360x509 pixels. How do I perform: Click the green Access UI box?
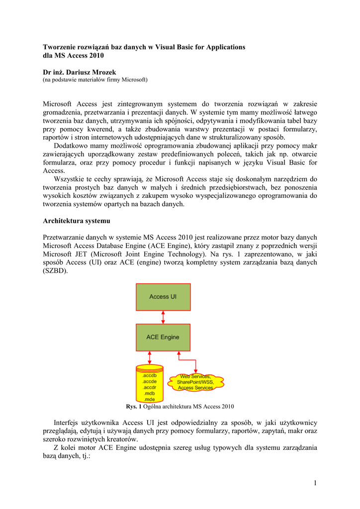click(x=163, y=297)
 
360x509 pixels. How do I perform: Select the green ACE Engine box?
click(x=163, y=337)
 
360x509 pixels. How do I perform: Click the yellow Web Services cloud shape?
click(x=196, y=382)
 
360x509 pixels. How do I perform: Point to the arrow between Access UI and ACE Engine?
click(x=163, y=317)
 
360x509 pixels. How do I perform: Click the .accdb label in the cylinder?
click(x=149, y=376)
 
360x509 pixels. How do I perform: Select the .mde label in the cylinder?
click(x=149, y=399)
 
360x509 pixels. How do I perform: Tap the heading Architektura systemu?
click(x=77, y=220)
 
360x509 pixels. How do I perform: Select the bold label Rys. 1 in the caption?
click(x=134, y=407)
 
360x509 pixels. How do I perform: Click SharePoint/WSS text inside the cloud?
click(x=196, y=382)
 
